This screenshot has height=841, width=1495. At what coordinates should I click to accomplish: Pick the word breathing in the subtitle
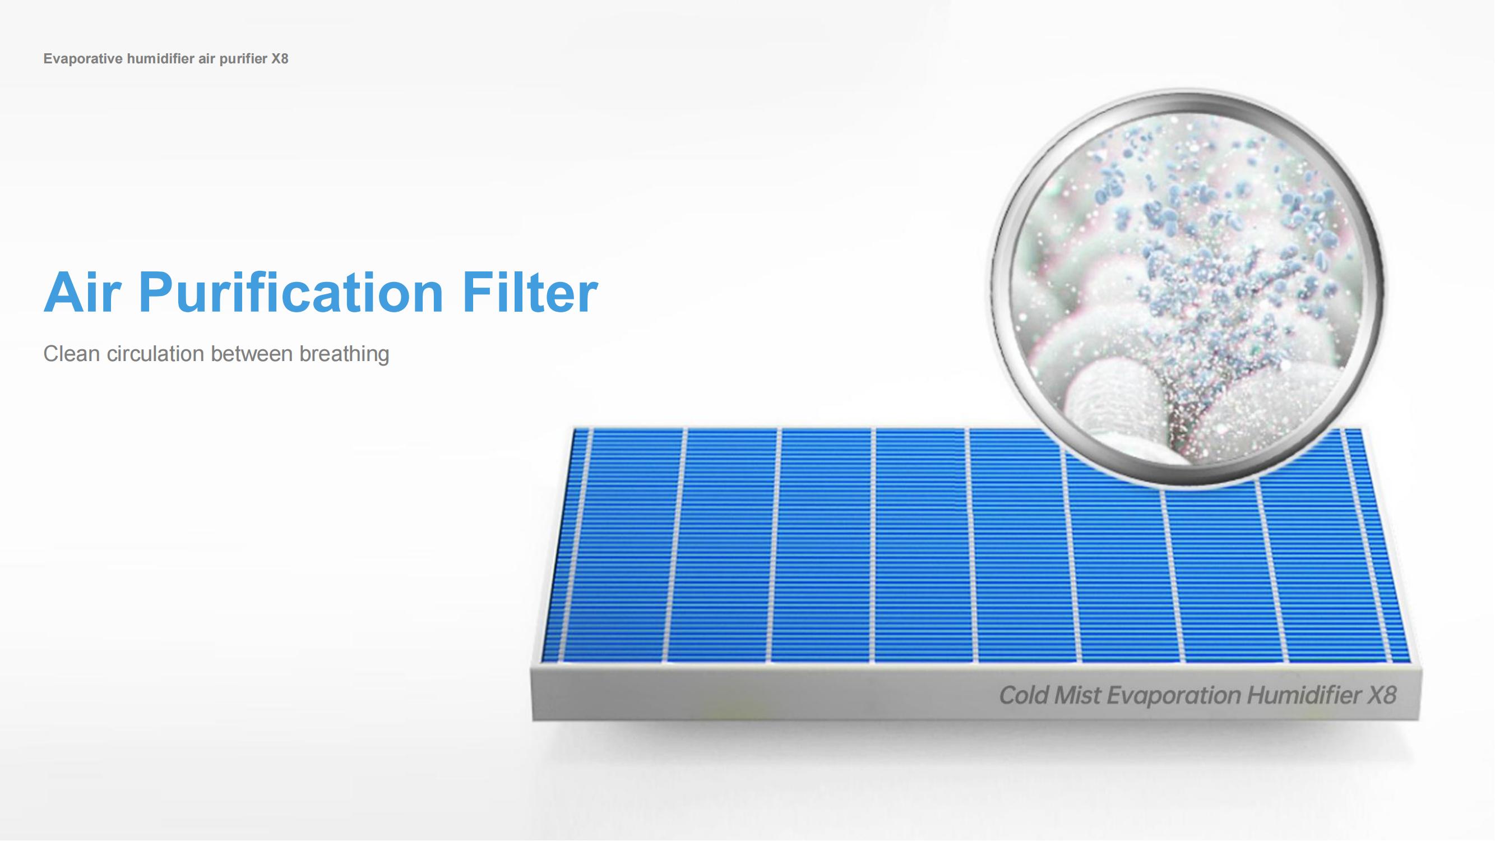tap(344, 354)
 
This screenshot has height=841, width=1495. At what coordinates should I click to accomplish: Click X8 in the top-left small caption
tap(280, 59)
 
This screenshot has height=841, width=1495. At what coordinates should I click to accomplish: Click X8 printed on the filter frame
tap(1382, 695)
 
